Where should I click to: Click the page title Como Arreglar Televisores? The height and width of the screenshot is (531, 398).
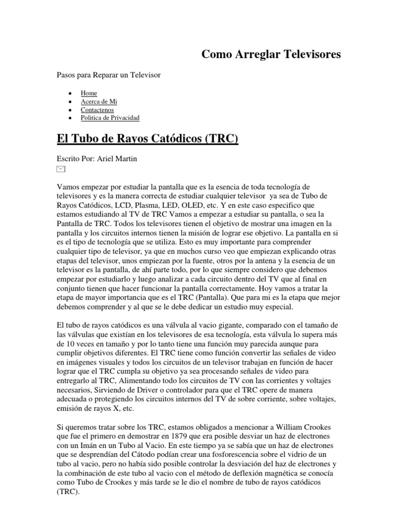pyautogui.click(x=271, y=54)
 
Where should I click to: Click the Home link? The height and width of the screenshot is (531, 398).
pyautogui.click(x=89, y=93)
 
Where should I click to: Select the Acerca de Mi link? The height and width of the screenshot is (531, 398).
pyautogui.click(x=95, y=102)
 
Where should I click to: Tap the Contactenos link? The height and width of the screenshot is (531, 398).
pyautogui.click(x=97, y=110)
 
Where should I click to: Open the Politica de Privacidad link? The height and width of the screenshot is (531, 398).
pyautogui.click(x=110, y=118)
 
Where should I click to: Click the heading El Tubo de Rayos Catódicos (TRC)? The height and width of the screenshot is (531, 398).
pyautogui.click(x=147, y=139)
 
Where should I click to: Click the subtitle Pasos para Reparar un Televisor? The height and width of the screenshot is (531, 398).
pyautogui.click(x=108, y=75)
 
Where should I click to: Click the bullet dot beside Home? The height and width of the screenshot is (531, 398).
pyautogui.click(x=69, y=93)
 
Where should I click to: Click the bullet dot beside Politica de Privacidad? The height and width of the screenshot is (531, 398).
pyautogui.click(x=69, y=118)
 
